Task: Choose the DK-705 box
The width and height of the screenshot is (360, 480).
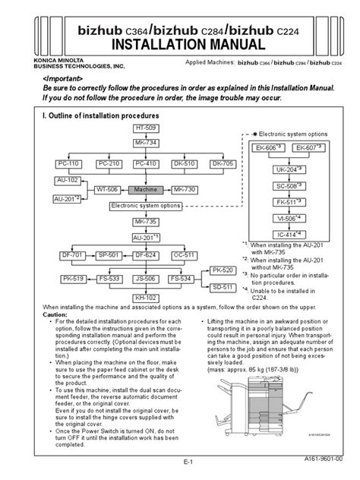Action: (x=223, y=164)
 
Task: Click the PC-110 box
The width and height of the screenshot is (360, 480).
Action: (x=67, y=164)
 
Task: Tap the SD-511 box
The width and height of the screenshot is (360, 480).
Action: (x=223, y=287)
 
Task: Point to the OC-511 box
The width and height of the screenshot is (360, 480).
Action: (x=184, y=255)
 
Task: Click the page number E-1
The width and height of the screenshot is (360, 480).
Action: (x=180, y=463)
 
